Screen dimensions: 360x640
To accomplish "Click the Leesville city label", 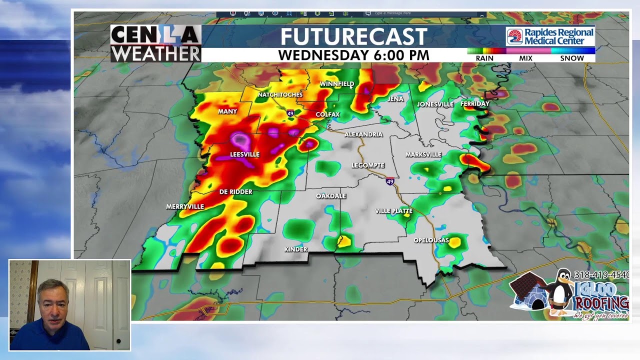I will [244, 154].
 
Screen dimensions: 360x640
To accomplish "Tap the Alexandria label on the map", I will [363, 134].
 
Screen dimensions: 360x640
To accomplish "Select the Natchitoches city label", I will [280, 94].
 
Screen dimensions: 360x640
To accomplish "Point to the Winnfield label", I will [336, 84].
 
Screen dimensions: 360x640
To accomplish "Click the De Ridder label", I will [236, 192].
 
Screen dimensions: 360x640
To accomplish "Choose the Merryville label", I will [185, 206].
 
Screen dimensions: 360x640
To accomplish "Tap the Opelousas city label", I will [431, 240].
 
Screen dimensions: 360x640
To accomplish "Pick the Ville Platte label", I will [394, 211].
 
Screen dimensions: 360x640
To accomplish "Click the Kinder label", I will [295, 249].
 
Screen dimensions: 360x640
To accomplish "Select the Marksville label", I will [423, 154].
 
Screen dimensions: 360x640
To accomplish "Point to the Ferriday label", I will [474, 104].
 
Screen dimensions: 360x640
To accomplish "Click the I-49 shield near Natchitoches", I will [290, 114].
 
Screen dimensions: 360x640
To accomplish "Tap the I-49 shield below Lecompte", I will [390, 181].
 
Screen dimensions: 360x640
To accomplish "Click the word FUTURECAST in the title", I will [353, 37].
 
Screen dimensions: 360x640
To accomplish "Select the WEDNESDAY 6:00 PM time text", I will [353, 55].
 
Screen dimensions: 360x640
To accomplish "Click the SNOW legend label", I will [572, 58].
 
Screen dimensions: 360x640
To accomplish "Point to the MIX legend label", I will [525, 58].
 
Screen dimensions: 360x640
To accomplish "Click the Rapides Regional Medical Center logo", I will [550, 36].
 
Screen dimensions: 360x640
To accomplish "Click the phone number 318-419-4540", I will [601, 275].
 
